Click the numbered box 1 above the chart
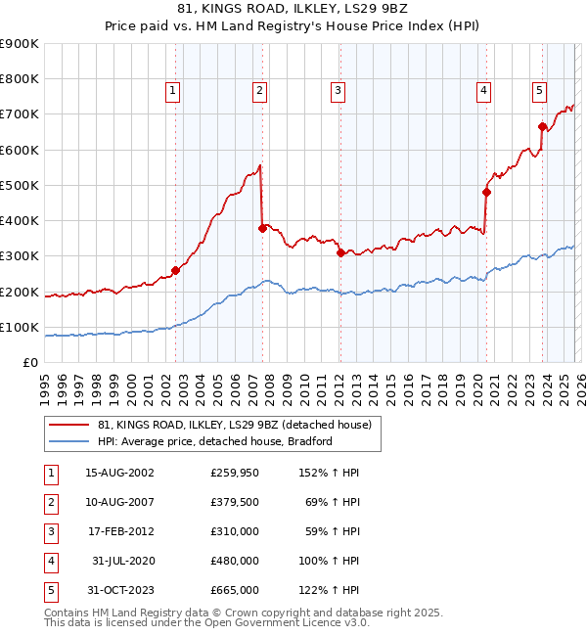[x=172, y=91]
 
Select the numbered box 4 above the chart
[x=483, y=91]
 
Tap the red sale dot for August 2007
[x=262, y=228]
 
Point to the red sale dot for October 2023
[x=541, y=126]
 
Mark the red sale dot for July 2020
[x=486, y=192]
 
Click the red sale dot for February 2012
[x=340, y=252]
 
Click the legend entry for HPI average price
[x=215, y=441]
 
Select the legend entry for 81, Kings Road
[x=234, y=425]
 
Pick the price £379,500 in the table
[x=234, y=501]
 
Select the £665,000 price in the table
[x=234, y=590]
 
